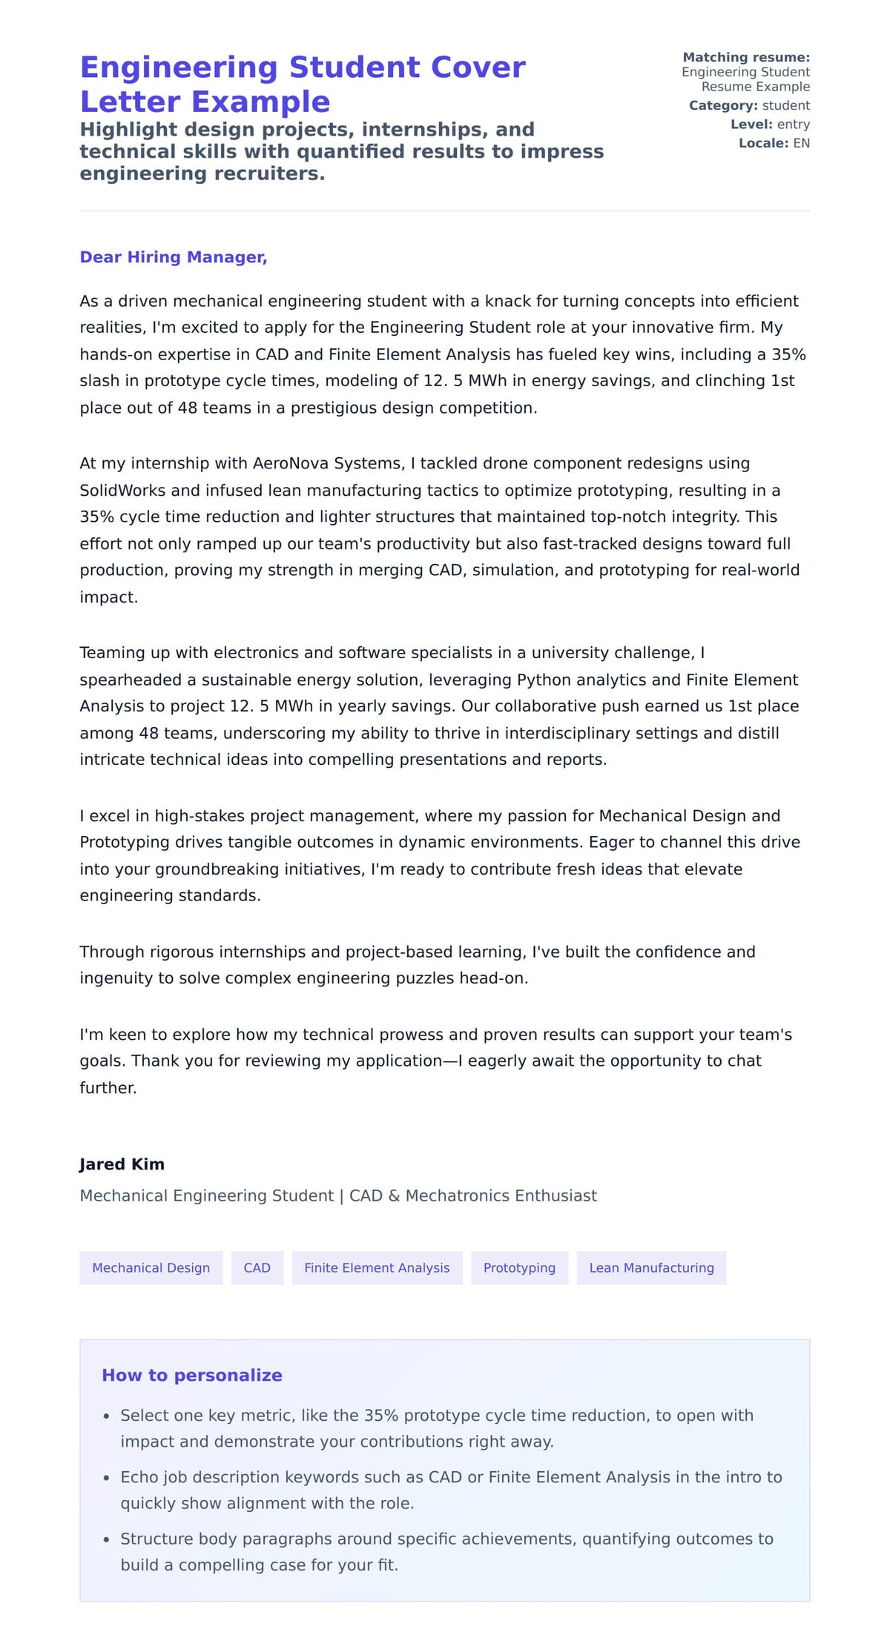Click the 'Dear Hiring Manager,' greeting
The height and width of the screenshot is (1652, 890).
click(173, 257)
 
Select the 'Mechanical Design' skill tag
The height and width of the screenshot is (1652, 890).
click(151, 1267)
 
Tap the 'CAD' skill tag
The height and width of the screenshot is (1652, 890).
click(257, 1267)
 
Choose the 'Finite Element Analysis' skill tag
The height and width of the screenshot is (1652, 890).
click(377, 1267)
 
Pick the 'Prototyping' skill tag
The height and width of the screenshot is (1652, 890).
click(519, 1267)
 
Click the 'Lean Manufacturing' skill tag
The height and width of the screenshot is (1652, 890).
click(651, 1267)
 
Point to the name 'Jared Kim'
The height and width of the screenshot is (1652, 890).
click(122, 1164)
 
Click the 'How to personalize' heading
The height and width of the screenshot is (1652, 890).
click(191, 1375)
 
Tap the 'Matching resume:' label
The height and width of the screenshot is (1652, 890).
click(745, 57)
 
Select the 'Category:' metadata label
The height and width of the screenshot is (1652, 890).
click(722, 105)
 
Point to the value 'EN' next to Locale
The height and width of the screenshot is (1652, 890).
click(801, 143)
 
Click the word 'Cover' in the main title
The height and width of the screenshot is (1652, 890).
click(478, 67)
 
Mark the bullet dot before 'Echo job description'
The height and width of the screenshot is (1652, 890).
click(107, 1478)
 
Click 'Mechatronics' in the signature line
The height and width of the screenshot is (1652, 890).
click(452, 1195)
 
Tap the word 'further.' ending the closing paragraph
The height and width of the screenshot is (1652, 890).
click(108, 1088)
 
